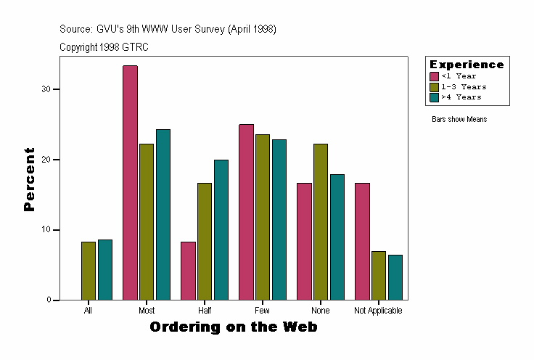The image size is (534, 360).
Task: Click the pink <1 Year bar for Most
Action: [130, 183]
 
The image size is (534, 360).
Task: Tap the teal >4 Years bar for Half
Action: [221, 229]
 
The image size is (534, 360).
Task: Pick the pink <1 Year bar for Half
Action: [188, 271]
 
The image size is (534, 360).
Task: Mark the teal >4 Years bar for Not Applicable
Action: [395, 277]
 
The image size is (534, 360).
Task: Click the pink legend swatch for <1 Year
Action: [435, 76]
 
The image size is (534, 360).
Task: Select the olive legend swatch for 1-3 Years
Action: [435, 86]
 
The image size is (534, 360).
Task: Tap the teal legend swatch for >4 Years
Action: [435, 97]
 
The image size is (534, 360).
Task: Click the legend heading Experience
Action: [467, 65]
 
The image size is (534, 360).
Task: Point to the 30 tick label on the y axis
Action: [46, 89]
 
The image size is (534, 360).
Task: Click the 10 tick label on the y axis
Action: [46, 230]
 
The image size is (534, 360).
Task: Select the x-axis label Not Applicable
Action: [378, 311]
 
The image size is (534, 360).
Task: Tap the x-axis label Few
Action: [262, 311]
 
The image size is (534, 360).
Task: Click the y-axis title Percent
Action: [29, 179]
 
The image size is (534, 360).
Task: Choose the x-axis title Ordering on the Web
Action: [233, 327]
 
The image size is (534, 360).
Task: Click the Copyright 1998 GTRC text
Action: [104, 47]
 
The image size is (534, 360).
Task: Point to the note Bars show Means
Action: [459, 119]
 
